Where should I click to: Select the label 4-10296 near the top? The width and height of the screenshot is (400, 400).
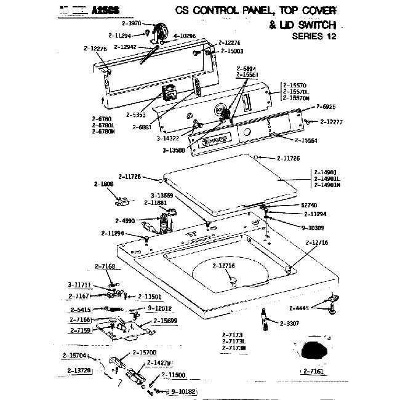pos(184,36)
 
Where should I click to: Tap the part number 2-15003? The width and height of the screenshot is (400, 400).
pos(231,51)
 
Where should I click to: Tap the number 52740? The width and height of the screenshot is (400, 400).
pos(310,205)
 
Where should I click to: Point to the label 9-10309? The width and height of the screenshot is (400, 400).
pos(314,227)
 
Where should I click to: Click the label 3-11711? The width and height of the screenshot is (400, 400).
pos(79,284)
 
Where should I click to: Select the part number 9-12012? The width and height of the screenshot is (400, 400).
pos(160,308)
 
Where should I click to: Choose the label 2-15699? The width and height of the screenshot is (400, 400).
pos(166,321)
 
